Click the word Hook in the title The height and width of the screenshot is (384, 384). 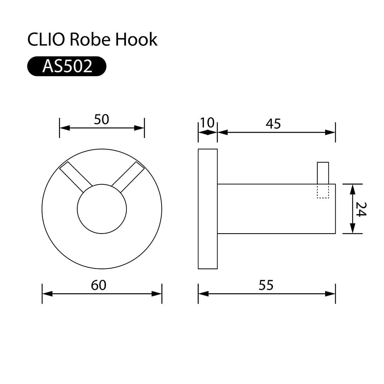click(136, 39)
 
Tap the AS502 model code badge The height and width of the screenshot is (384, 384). click(67, 66)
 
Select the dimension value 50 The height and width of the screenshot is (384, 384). click(101, 120)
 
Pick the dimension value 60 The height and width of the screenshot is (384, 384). click(99, 285)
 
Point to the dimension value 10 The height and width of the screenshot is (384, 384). click(207, 123)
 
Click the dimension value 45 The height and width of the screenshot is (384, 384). click(273, 124)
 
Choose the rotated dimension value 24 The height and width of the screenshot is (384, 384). click(361, 209)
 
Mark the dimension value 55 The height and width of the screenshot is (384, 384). click(266, 285)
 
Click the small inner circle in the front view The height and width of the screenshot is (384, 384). click(102, 209)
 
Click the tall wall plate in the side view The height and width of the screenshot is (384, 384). click(208, 209)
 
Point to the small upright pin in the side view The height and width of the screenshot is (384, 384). click(323, 172)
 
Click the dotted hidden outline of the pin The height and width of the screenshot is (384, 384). click(323, 191)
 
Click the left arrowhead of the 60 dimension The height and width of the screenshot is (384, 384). click(47, 294)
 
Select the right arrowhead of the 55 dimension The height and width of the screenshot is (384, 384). click(330, 294)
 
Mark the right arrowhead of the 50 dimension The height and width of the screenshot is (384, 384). click(139, 128)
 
